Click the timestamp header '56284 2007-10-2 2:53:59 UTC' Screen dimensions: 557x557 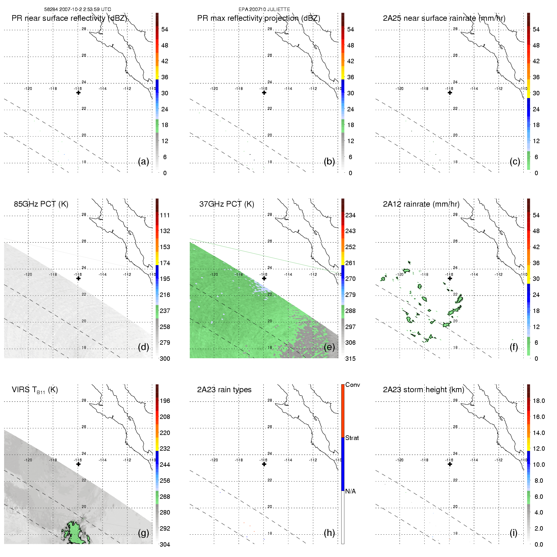coord(77,9)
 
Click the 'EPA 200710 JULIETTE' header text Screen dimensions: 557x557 coord(264,9)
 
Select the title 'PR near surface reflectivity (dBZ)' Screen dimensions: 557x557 coord(69,18)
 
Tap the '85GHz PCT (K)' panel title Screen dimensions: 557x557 coord(41,204)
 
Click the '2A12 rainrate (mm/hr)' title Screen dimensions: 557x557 coord(421,204)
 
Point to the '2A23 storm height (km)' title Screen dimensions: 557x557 coord(423,390)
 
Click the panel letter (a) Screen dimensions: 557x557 coord(143,162)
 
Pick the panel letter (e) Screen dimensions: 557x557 coord(329,347)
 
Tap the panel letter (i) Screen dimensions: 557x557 coord(513,533)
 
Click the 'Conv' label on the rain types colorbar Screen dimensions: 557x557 coord(352,385)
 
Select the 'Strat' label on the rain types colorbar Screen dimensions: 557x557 coord(352,438)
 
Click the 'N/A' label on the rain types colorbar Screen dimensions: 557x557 coord(350,491)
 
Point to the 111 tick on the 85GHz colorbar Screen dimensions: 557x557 coord(165,215)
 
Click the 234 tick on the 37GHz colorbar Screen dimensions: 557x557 coord(350,215)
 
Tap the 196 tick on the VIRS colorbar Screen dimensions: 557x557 coord(165,401)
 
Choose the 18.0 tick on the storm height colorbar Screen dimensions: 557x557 coord(538,401)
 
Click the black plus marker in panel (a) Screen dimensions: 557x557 coord(78,93)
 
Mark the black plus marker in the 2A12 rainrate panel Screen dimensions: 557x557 coord(450,278)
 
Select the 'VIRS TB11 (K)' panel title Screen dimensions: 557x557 coord(35,390)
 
